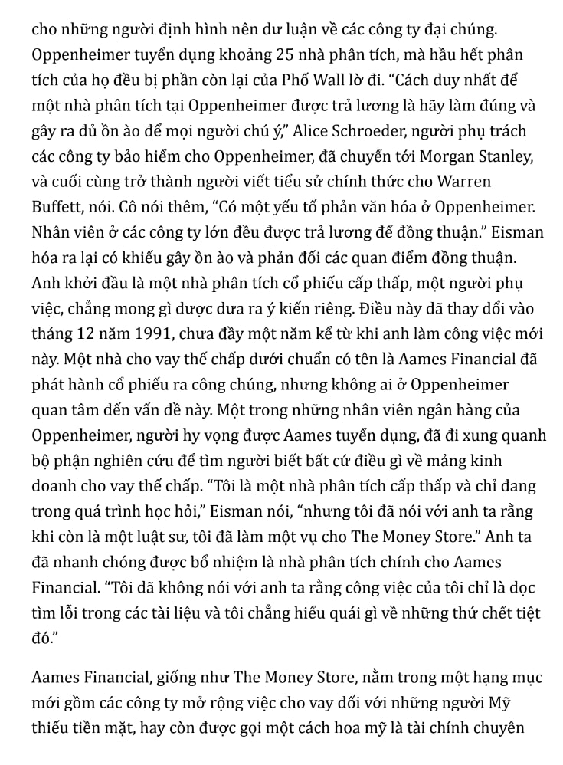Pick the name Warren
[x=463, y=182]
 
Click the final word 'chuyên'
[x=496, y=727]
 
